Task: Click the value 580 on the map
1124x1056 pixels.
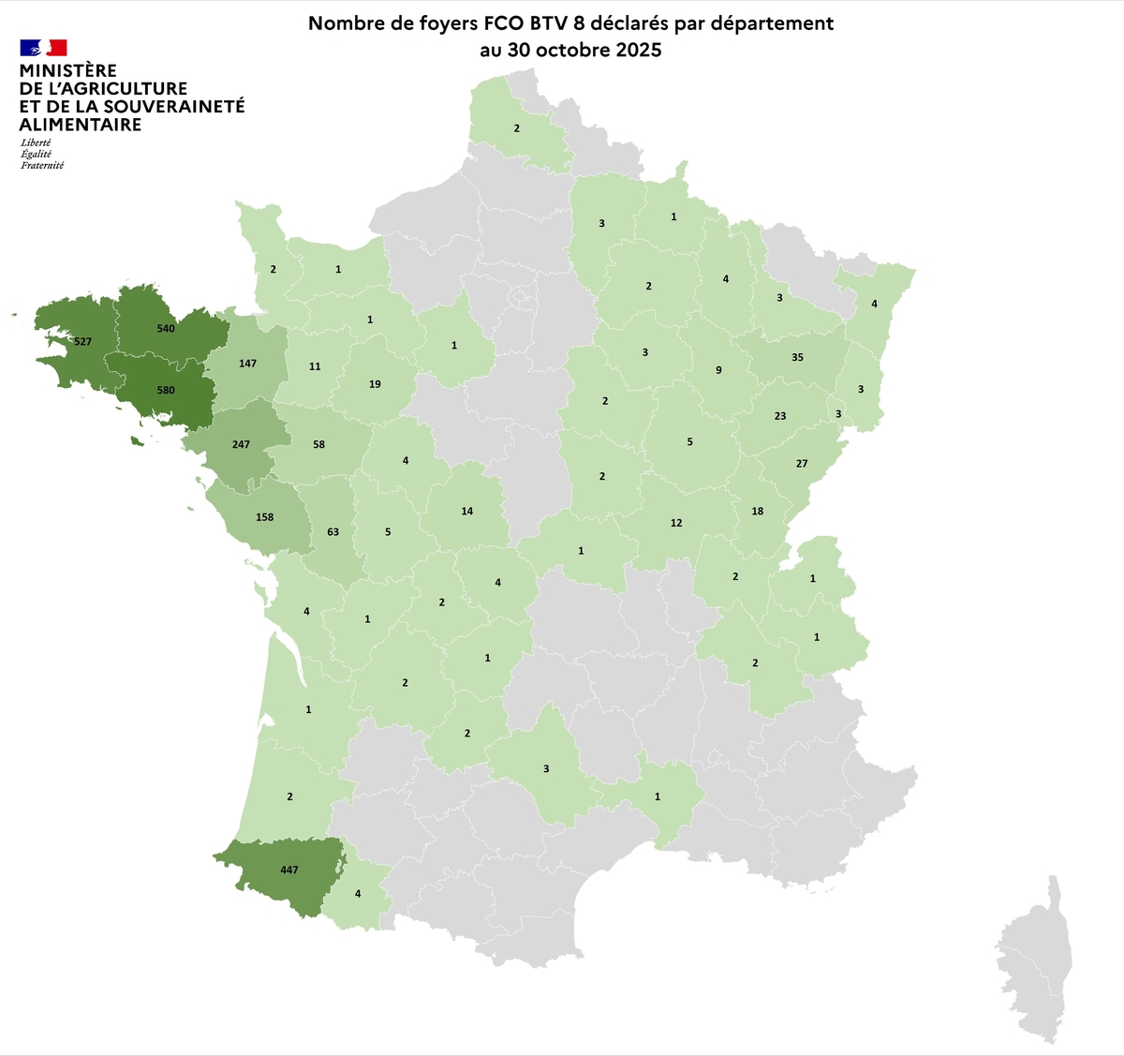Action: [x=166, y=390]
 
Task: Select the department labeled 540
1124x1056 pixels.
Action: [x=166, y=329]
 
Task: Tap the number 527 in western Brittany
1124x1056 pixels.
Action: [x=83, y=342]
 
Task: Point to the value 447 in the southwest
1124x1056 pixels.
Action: [x=289, y=870]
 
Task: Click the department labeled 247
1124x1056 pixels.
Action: [x=241, y=444]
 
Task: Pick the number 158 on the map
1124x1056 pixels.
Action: [x=265, y=517]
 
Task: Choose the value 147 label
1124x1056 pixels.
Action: [x=247, y=364]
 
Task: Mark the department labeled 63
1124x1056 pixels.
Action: [x=333, y=532]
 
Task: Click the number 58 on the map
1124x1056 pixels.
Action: [x=319, y=444]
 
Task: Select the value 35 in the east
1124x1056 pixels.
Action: [x=797, y=357]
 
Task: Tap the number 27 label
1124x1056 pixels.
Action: [x=802, y=464]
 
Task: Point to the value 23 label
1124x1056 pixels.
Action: [x=780, y=416]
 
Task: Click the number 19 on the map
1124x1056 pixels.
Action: [x=375, y=384]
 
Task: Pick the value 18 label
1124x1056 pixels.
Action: [x=758, y=512]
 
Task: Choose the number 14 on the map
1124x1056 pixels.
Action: [x=467, y=512]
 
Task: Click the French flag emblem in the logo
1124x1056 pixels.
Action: [x=43, y=48]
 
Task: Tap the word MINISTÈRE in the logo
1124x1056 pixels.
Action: [x=68, y=71]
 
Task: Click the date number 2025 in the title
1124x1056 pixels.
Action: [x=637, y=51]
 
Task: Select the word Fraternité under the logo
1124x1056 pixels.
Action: [x=42, y=166]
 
